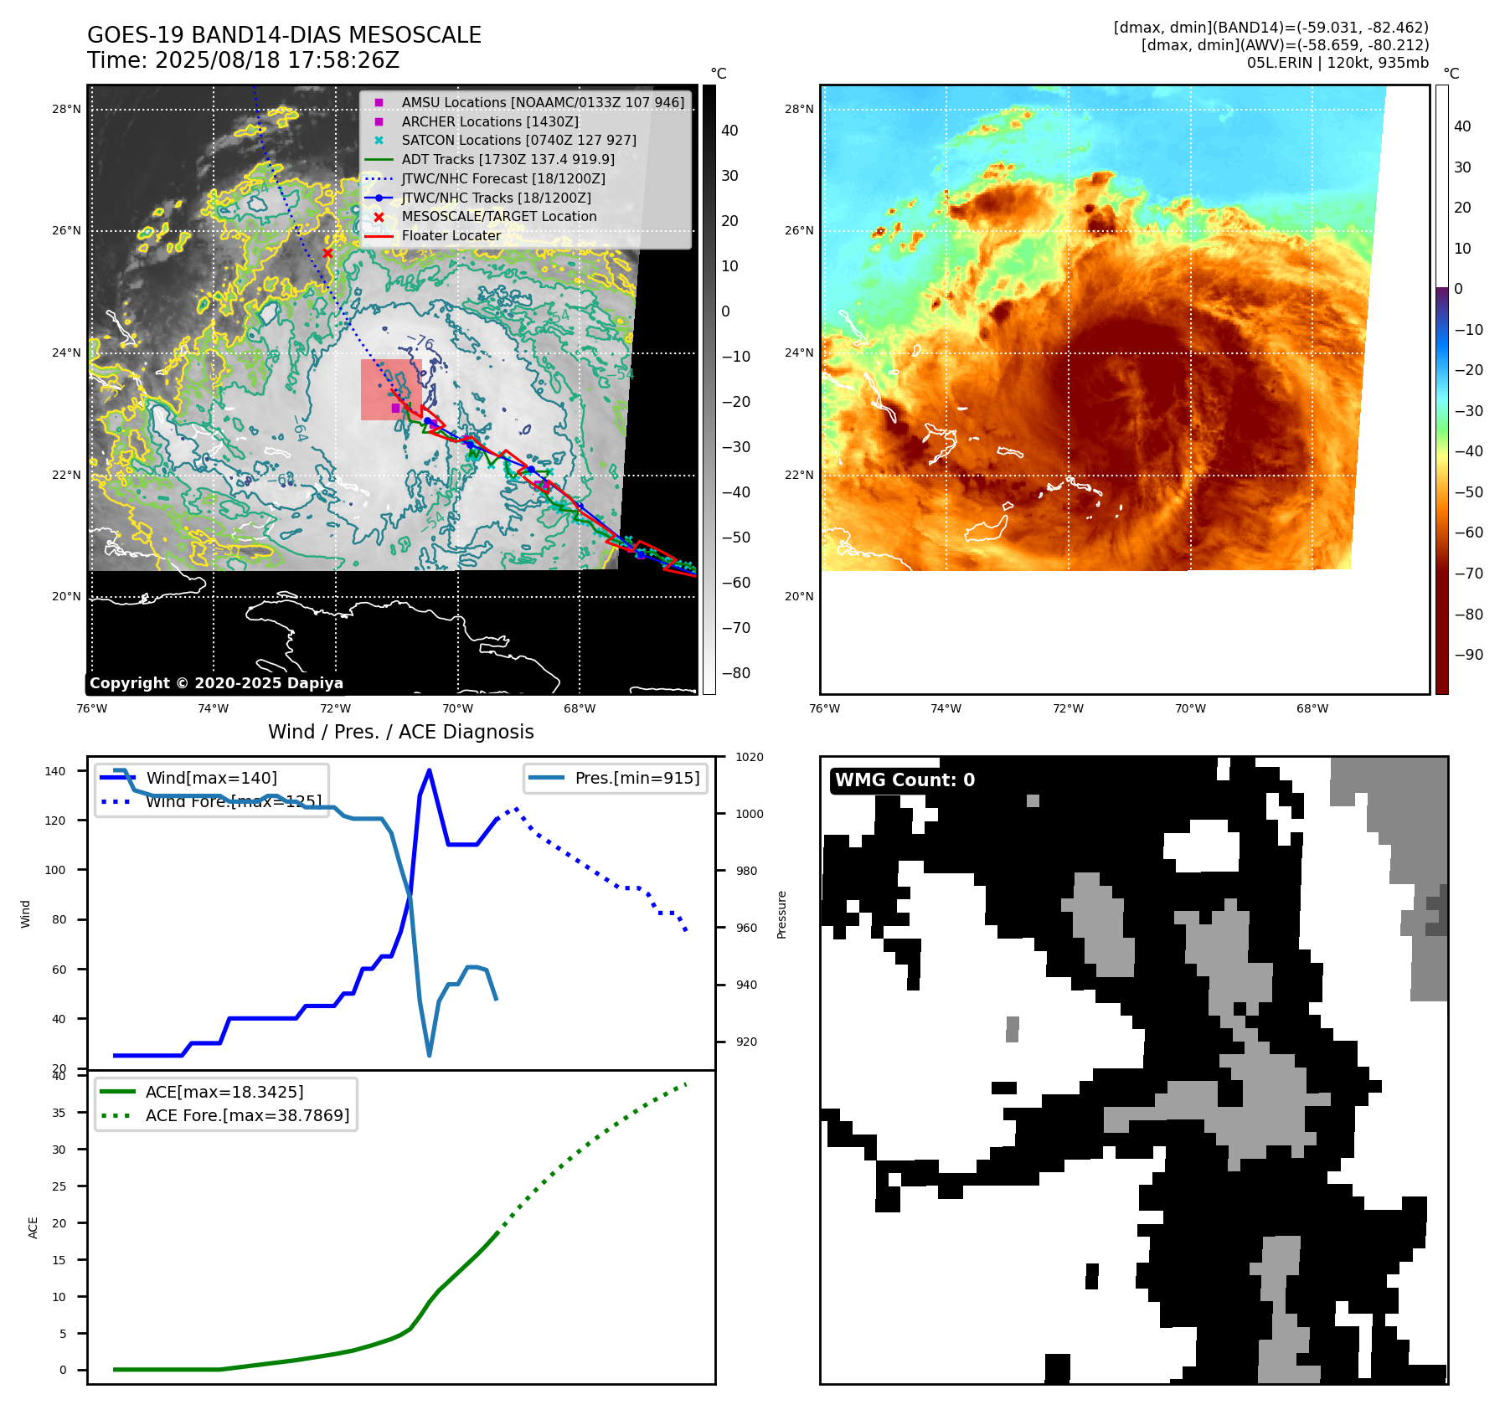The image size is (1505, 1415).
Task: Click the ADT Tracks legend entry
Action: point(508,159)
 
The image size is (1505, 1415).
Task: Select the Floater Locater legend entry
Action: point(451,235)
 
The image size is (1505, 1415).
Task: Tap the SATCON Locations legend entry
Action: point(518,140)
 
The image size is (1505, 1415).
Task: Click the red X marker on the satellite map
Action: point(327,253)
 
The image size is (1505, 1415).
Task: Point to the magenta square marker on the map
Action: point(395,408)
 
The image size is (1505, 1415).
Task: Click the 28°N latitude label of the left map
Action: point(66,109)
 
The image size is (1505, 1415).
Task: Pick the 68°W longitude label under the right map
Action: point(1312,708)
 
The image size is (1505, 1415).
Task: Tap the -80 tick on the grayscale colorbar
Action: point(736,672)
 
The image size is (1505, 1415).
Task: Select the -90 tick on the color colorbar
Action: point(1468,655)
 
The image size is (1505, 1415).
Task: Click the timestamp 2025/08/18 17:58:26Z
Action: point(276,60)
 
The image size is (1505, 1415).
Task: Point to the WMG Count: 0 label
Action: point(905,780)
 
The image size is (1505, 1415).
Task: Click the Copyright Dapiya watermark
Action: point(216,683)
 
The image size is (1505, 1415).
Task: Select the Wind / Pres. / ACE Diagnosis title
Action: point(400,732)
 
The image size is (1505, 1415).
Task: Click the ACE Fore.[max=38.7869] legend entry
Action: point(247,1115)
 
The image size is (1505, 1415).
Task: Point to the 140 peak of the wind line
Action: point(429,770)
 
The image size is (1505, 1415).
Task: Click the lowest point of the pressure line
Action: point(430,1055)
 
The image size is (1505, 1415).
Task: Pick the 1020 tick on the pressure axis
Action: point(749,757)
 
